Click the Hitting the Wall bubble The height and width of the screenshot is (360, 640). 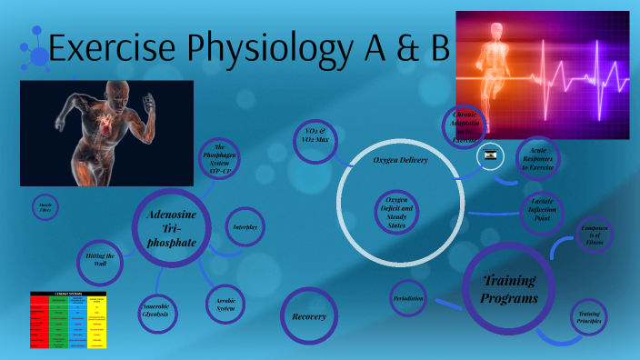101,260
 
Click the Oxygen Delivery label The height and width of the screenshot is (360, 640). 400,160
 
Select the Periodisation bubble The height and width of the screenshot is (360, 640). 408,298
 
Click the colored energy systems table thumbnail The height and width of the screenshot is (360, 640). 69,320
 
